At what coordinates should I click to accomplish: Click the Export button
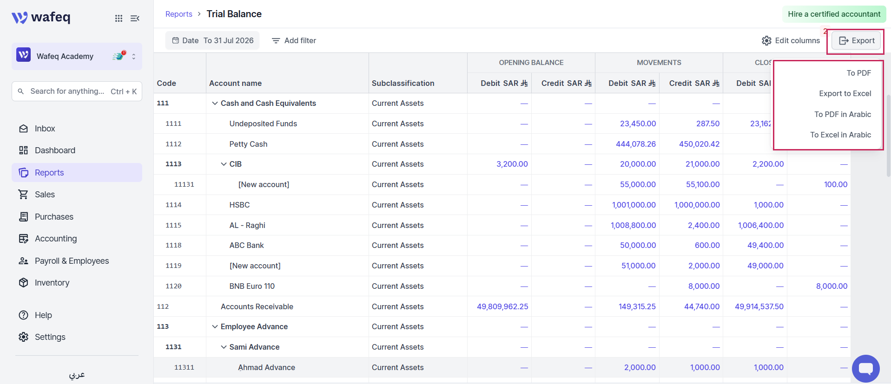pos(856,41)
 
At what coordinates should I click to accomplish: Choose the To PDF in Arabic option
pos(842,114)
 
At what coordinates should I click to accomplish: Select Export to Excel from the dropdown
pos(845,93)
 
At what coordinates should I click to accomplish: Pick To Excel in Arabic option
pos(840,135)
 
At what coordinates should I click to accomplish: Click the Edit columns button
pos(791,41)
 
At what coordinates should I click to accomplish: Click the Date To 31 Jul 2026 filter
pos(212,41)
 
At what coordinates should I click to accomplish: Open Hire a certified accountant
pos(834,14)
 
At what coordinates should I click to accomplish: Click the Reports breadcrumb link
pos(179,14)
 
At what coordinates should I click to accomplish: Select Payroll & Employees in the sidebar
pos(72,261)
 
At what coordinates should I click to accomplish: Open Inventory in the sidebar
pos(52,283)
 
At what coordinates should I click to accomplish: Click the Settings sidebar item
pos(50,337)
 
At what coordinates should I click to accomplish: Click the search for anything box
pos(77,91)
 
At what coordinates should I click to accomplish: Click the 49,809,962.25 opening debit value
pos(502,306)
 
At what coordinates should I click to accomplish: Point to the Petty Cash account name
pos(248,144)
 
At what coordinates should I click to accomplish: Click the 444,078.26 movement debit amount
pos(635,144)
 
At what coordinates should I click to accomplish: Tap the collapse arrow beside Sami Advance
pos(224,347)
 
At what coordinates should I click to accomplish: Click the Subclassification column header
pos(403,83)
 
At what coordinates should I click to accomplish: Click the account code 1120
pos(173,286)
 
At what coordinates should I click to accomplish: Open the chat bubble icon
pos(865,369)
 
